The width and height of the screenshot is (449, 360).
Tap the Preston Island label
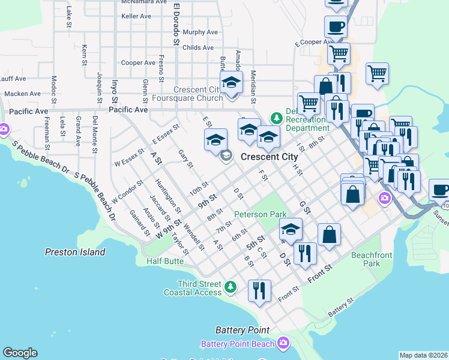coord(75,252)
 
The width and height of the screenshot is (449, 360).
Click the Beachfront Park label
coord(372,259)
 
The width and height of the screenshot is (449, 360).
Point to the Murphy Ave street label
coord(200,32)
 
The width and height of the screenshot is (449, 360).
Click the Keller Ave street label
coord(136,16)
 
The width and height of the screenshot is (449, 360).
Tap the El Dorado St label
coord(176,24)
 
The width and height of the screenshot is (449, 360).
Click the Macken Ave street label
coord(22,94)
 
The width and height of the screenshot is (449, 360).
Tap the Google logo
coord(20,353)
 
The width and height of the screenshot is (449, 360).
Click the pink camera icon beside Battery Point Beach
coord(283,343)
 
